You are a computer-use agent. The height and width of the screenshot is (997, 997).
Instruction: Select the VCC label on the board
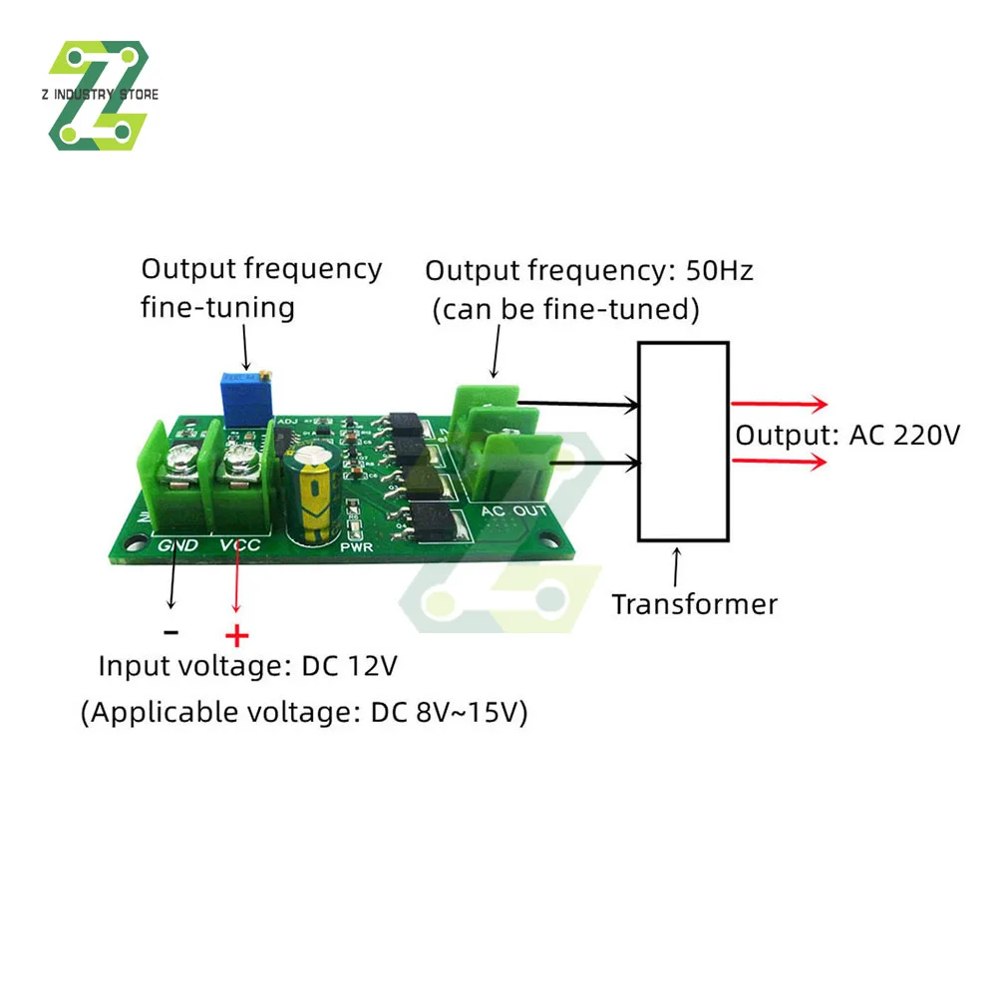[239, 545]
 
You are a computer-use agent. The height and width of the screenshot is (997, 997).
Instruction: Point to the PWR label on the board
[356, 547]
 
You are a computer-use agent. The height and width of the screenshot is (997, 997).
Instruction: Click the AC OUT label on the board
[515, 511]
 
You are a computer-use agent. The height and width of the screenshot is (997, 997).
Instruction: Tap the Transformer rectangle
[683, 441]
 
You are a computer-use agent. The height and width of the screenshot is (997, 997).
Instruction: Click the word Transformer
[694, 604]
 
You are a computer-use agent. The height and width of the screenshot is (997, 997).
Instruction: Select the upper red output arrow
[779, 404]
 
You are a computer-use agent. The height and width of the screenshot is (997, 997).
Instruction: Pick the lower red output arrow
[779, 462]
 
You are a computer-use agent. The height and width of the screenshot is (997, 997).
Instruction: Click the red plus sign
[236, 635]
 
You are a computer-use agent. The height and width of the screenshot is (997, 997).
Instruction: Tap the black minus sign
[171, 631]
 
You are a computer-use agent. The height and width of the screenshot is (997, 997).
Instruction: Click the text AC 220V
[904, 436]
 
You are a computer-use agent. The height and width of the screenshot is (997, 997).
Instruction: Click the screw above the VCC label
[239, 461]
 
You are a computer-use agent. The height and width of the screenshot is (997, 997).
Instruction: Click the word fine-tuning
[217, 306]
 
